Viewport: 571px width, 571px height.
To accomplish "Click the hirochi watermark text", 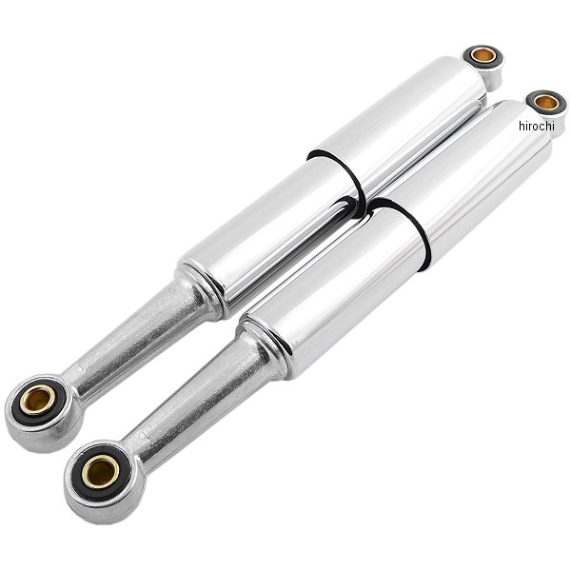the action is [x=537, y=126].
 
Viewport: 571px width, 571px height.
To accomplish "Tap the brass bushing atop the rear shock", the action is [x=482, y=55].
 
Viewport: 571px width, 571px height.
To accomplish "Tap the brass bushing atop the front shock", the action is [x=546, y=102].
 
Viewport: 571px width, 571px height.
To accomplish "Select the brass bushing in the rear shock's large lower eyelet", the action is [x=37, y=400].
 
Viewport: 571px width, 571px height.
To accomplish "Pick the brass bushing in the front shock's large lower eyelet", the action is [x=101, y=471].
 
